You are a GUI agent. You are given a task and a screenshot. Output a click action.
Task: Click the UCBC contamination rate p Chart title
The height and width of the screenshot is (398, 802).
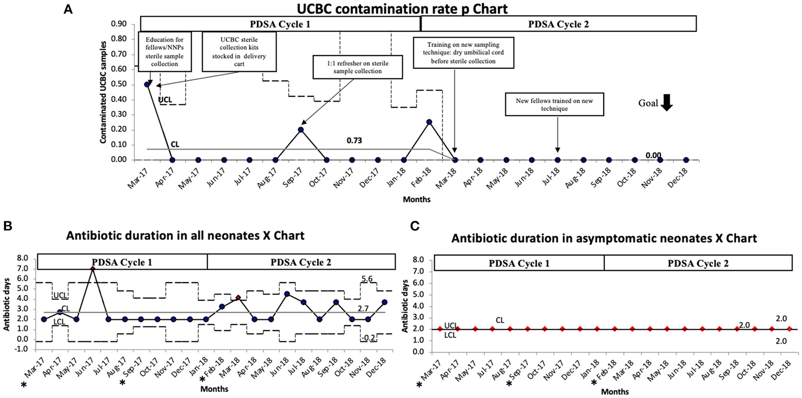tap(402, 9)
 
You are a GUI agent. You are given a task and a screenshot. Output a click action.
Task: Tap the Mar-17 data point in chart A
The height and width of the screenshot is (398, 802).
tap(147, 85)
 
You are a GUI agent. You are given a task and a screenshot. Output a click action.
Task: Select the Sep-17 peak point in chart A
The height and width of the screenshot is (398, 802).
tap(301, 130)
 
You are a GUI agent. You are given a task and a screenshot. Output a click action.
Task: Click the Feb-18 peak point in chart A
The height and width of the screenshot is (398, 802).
tap(429, 122)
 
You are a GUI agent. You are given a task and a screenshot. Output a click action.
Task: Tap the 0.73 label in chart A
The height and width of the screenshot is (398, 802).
tap(354, 141)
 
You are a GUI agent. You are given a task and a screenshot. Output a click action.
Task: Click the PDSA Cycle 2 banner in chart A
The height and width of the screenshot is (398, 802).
tap(559, 24)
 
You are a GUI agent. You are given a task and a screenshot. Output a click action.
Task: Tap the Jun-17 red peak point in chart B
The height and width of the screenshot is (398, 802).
tap(93, 269)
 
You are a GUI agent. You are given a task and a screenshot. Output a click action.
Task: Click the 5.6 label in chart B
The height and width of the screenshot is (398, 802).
tap(367, 279)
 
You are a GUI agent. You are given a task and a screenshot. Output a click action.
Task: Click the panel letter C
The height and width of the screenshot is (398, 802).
tap(415, 226)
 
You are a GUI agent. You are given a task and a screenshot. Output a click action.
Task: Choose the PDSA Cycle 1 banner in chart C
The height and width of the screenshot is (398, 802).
tap(519, 263)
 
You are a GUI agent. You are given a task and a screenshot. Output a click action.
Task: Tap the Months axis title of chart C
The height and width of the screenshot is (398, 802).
tap(615, 392)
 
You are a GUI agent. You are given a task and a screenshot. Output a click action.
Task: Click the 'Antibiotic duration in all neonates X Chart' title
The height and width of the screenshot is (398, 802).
tap(185, 236)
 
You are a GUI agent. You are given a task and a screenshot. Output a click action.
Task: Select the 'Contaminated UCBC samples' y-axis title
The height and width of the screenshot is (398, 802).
tap(103, 92)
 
